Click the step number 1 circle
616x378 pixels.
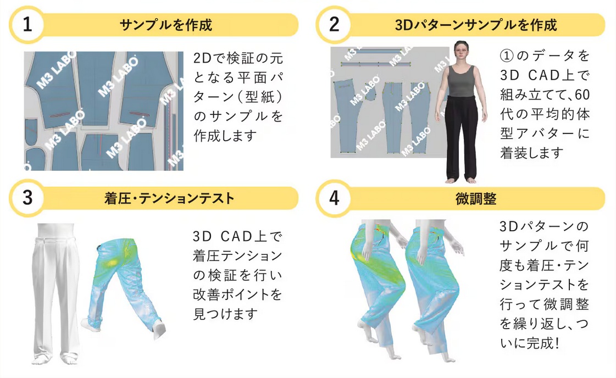27,24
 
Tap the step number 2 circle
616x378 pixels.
334,24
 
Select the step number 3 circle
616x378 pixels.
27,198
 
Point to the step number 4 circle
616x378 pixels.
334,198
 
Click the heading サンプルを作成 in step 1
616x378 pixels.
166,25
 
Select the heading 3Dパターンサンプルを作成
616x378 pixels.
476,25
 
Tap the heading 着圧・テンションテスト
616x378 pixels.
169,198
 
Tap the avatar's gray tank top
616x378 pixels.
461,81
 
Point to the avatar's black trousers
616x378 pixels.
462,137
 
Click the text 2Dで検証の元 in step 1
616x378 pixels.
238,59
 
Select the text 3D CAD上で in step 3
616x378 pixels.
237,237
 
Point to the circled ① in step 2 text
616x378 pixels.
507,56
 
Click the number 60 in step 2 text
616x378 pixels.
582,94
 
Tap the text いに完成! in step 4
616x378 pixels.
529,343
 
